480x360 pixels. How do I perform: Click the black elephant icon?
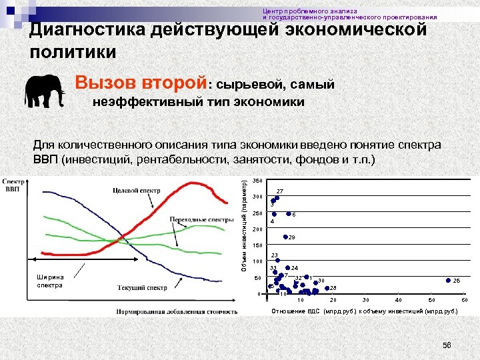tap(45, 91)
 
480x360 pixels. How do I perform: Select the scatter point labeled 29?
tap(285, 237)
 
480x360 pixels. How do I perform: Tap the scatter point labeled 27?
tap(277, 197)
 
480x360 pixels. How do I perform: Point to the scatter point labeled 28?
tap(327, 288)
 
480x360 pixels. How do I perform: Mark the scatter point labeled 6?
tap(289, 214)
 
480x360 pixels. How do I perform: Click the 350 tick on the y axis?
tap(257, 181)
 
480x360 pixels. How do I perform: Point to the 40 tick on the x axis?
tap(399, 300)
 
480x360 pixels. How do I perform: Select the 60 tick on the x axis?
tap(464, 300)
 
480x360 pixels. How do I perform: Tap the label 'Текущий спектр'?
tap(142, 287)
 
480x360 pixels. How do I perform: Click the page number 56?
tap(447, 345)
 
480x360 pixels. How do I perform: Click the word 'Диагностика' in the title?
tap(88, 31)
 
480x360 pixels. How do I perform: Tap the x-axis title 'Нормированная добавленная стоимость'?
tap(177, 311)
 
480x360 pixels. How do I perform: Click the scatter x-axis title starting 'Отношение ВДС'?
tap(364, 311)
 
